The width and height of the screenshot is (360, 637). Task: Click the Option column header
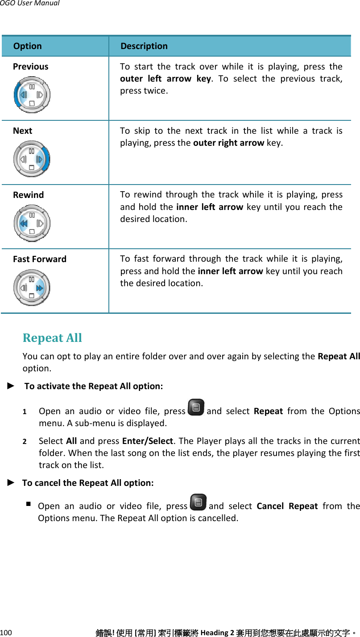click(28, 46)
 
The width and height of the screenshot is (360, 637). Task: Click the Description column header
click(144, 46)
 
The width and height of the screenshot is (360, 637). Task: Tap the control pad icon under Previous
click(32, 95)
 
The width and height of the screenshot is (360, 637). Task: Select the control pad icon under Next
click(32, 159)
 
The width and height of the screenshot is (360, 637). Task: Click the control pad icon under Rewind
click(32, 223)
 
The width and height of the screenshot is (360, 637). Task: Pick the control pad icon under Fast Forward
click(32, 287)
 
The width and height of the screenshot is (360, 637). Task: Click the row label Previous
click(31, 66)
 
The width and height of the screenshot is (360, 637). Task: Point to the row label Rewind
click(29, 195)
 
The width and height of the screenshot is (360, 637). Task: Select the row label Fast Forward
click(40, 259)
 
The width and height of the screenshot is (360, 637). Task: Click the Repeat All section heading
click(52, 338)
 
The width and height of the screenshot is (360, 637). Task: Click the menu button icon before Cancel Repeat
click(198, 502)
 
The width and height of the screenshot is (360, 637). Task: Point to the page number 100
click(6, 633)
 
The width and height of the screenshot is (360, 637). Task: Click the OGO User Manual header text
click(29, 3)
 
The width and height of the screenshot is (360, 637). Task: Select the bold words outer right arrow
click(229, 143)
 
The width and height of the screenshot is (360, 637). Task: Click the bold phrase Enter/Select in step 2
click(147, 441)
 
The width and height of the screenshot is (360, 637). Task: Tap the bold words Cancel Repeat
click(287, 506)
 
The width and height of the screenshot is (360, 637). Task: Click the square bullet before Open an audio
click(29, 504)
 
